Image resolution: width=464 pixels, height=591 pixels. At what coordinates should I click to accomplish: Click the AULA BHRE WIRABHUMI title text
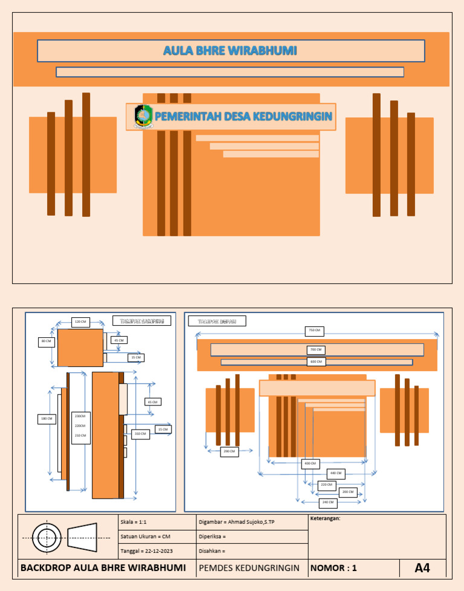(230, 51)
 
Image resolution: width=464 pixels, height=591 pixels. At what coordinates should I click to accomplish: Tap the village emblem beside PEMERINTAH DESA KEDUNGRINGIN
(143, 116)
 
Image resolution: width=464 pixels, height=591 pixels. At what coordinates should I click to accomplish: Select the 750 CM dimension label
(315, 331)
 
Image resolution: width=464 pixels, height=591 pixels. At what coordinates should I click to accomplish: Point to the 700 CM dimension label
(315, 350)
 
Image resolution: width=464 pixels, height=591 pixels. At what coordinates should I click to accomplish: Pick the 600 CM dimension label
(315, 361)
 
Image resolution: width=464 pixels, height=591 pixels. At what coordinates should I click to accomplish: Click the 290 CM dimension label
(229, 451)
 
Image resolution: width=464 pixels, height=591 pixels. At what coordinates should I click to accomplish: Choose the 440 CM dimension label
(335, 473)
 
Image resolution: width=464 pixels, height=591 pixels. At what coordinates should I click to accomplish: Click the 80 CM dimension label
(46, 341)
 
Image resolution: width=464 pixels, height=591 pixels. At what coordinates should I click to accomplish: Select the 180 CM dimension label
(46, 418)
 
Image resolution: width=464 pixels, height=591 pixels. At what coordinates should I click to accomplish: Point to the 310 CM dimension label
(140, 434)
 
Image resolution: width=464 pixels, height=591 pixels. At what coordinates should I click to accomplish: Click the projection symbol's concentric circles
(47, 537)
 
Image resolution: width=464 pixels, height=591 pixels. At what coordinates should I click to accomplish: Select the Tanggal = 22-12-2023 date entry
(147, 551)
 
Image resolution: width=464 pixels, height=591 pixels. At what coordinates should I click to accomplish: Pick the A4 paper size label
(422, 568)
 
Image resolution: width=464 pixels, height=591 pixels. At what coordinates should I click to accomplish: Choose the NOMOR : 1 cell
(333, 568)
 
